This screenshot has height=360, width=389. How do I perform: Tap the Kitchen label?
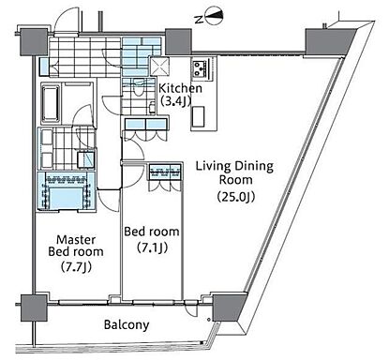pos(180,88)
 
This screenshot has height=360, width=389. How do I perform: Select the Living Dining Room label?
pos(234,172)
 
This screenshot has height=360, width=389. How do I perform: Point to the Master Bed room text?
pos(76,246)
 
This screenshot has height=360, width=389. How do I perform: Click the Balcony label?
pos(127,325)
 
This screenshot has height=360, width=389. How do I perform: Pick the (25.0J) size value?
pos(236,197)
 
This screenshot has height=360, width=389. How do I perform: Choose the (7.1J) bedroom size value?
pos(152,247)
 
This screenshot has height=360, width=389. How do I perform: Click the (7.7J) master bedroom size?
pos(76,267)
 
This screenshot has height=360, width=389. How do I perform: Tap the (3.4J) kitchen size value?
pos(175,101)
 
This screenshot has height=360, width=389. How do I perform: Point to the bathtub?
pos(51,103)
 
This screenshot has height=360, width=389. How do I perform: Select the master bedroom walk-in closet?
pos(66,191)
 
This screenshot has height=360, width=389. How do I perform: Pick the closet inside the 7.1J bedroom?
pos(165,177)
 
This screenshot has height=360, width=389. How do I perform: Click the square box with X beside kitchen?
pos(159,66)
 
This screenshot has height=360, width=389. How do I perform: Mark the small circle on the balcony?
pos(209,320)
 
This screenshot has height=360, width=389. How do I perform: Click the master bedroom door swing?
pos(108,201)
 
